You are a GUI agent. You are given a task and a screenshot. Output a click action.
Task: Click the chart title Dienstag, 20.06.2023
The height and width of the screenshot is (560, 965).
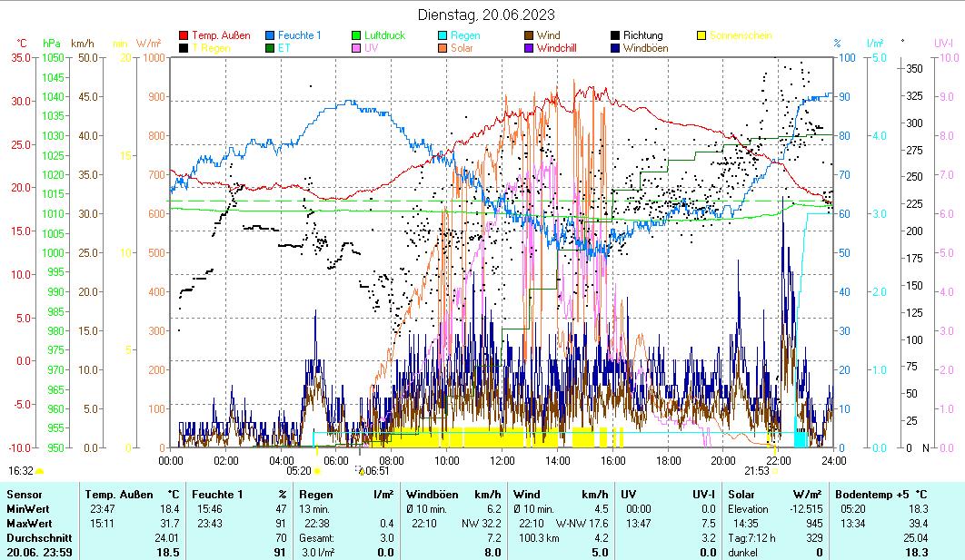486,15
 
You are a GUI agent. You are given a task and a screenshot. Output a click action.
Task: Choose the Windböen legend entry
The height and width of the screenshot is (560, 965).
651,47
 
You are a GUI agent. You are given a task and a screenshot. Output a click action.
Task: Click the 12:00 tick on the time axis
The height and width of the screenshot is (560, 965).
502,460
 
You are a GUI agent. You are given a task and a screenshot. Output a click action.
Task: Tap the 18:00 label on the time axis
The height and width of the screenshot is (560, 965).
667,460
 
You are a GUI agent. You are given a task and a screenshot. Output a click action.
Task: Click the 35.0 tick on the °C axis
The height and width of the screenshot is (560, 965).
20,57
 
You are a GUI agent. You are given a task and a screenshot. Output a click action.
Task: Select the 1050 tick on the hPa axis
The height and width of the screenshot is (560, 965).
53,57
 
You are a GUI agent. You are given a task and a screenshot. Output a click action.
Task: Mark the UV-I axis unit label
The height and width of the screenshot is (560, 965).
943,43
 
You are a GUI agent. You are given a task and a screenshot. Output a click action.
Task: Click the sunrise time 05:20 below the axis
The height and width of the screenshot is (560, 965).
299,471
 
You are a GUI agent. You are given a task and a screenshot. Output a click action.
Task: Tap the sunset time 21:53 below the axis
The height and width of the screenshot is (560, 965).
756,471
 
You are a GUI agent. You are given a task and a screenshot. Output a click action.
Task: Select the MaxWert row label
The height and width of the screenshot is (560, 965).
28,524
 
